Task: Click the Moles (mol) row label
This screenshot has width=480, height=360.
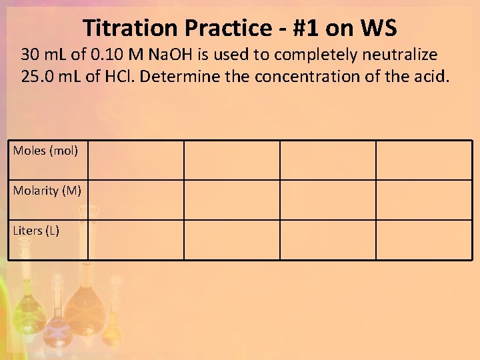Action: click(45, 151)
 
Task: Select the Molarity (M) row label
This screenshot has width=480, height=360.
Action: click(47, 191)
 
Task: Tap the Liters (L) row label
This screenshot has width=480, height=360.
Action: click(36, 231)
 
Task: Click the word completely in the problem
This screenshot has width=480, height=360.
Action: click(320, 53)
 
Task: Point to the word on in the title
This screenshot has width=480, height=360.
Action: click(341, 28)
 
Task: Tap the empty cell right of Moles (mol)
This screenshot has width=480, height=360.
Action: click(135, 160)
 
